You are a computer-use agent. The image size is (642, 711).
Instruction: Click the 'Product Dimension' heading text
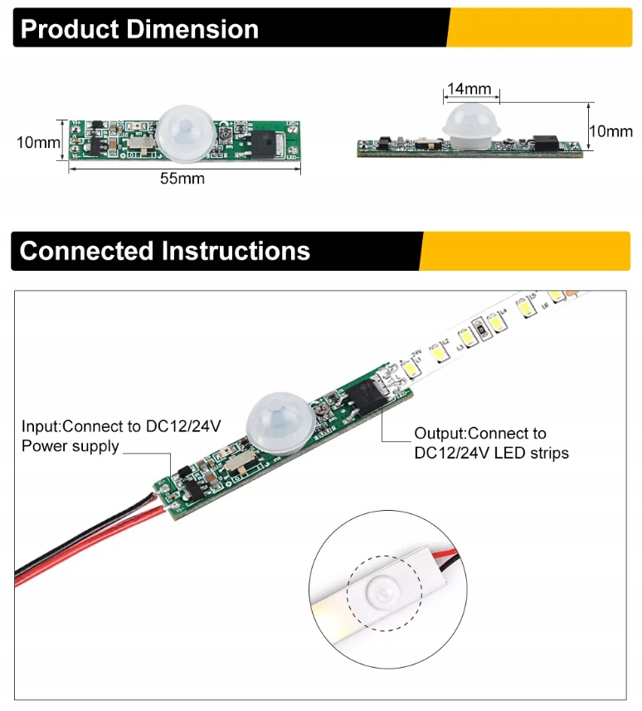[139, 29]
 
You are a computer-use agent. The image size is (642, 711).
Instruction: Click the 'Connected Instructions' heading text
[165, 250]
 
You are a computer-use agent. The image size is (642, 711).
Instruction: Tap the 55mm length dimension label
[182, 178]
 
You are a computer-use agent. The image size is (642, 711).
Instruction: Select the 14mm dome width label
[469, 89]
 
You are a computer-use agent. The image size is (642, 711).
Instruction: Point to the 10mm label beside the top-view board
[38, 142]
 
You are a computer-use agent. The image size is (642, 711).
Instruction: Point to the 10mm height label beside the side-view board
[610, 131]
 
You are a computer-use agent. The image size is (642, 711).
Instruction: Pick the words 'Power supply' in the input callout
[71, 447]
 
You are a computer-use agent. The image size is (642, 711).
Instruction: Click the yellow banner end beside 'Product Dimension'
[539, 28]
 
